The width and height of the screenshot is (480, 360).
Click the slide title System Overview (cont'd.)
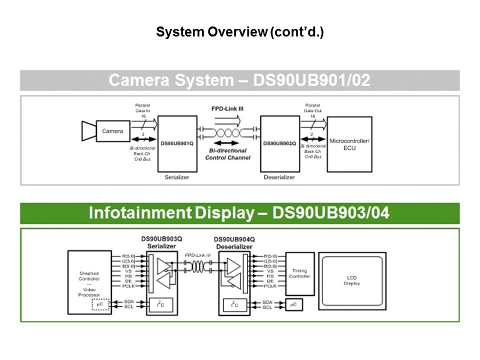click(240, 33)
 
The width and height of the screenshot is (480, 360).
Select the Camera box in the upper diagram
click(112, 131)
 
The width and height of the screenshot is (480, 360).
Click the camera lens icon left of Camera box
click(88, 131)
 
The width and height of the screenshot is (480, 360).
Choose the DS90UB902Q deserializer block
click(279, 143)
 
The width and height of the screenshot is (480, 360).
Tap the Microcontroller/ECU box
click(349, 144)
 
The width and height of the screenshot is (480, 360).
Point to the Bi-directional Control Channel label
click(227, 154)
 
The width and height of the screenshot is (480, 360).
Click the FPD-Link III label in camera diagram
click(227, 108)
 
